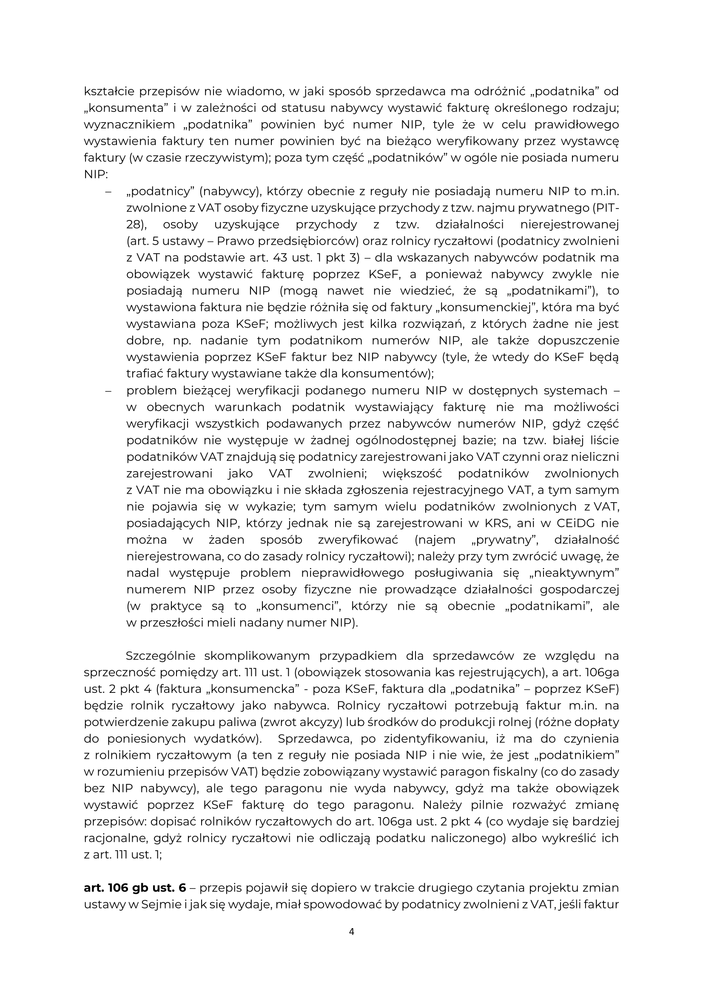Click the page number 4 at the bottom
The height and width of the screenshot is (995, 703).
click(351, 931)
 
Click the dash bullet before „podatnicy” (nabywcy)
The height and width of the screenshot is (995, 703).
click(108, 192)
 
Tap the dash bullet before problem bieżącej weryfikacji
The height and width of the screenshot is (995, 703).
click(108, 391)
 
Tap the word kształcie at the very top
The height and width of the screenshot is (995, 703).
click(108, 92)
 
